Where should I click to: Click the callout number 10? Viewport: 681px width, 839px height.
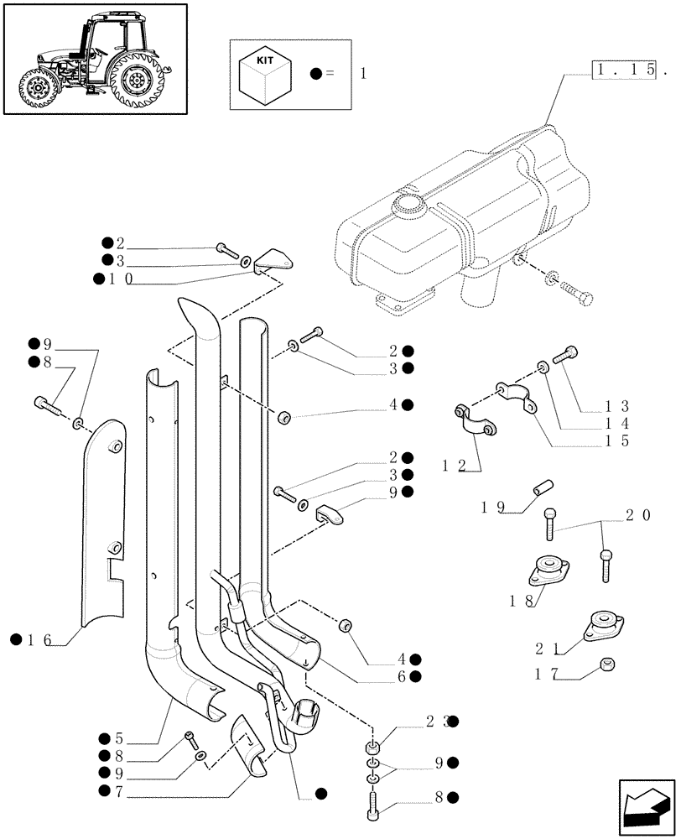tap(118, 279)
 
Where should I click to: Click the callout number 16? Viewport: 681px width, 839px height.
tap(39, 641)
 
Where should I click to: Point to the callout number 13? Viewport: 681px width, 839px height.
tap(619, 406)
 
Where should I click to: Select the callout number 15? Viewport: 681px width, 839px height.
tap(619, 440)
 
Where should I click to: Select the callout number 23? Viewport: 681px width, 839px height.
tap(442, 721)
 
